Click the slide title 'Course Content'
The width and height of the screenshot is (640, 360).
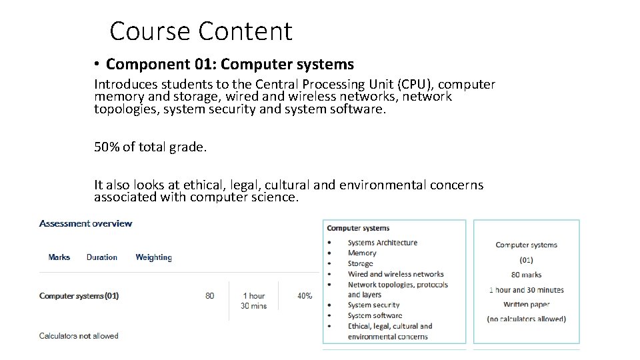click(201, 31)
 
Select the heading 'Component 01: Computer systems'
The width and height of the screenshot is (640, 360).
click(230, 65)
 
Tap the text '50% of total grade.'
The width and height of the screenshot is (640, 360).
click(151, 147)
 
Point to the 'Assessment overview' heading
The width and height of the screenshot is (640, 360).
click(85, 223)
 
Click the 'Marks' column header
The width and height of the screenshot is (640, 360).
click(59, 257)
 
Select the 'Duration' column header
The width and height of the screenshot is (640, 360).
click(102, 257)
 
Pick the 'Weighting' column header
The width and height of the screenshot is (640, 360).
click(153, 257)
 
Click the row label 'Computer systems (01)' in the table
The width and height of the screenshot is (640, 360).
click(79, 295)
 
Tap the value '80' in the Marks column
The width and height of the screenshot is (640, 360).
click(210, 295)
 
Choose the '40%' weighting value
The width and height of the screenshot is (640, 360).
click(305, 295)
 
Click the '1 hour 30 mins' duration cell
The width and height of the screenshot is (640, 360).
click(254, 301)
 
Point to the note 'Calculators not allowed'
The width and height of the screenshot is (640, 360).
click(79, 336)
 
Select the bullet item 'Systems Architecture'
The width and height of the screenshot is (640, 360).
click(383, 243)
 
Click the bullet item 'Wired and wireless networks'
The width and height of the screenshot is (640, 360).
click(395, 274)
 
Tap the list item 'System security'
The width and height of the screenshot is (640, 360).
click(374, 305)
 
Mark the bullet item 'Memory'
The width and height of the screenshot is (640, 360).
click(362, 253)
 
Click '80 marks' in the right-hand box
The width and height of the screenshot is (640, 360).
click(526, 275)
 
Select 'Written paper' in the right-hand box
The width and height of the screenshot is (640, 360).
click(526, 304)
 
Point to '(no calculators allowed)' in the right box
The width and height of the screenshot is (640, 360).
click(526, 319)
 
